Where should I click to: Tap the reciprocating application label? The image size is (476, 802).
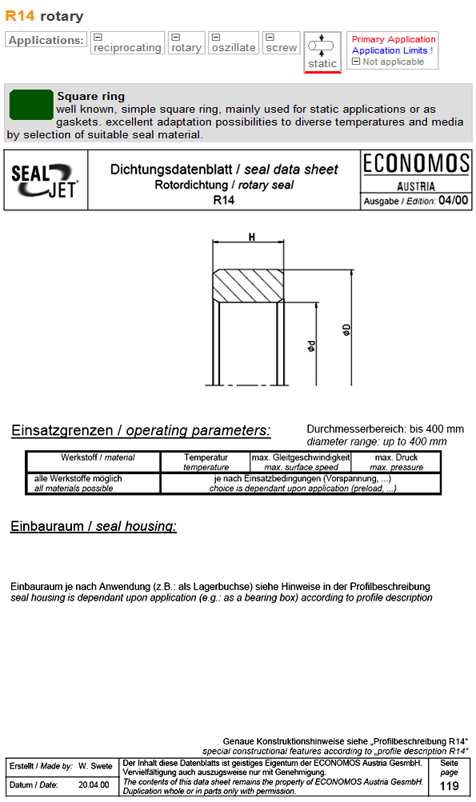click(x=127, y=47)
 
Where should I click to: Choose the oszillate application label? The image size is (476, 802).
click(x=234, y=47)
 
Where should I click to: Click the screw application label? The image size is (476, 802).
click(x=282, y=47)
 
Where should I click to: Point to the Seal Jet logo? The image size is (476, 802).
click(x=45, y=180)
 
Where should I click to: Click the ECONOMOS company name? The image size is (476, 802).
click(x=416, y=164)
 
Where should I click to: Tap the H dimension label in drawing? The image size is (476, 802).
click(x=251, y=237)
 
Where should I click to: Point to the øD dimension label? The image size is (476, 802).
click(x=347, y=329)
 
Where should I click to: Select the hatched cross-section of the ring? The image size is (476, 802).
click(x=249, y=285)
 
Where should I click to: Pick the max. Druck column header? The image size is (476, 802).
click(x=396, y=462)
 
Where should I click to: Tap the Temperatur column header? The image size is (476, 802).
click(x=206, y=462)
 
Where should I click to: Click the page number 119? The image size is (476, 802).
click(x=449, y=786)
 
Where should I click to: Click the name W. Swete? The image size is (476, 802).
click(x=95, y=766)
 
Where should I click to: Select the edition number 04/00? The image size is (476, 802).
click(x=454, y=201)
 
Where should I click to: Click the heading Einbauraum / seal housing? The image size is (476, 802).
click(x=94, y=526)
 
